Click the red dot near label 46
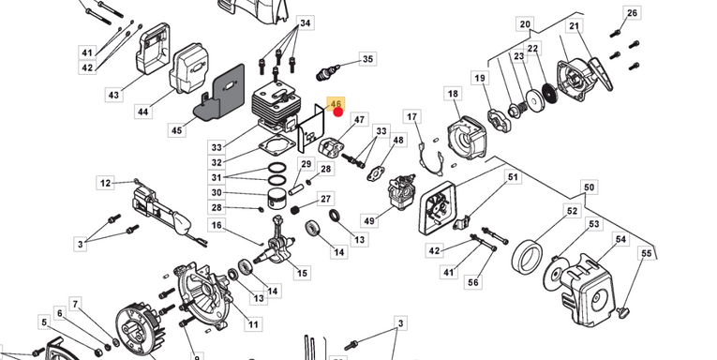[x=338, y=112]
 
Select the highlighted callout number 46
[x=336, y=105]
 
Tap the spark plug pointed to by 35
[x=329, y=72]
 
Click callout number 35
[x=367, y=59]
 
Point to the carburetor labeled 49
[x=400, y=189]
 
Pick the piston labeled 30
[x=279, y=198]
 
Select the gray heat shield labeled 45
[x=220, y=93]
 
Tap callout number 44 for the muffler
[x=143, y=112]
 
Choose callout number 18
[x=453, y=94]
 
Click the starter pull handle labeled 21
[x=601, y=74]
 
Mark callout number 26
[x=632, y=13]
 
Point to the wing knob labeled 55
[x=622, y=312]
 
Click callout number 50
[x=589, y=187]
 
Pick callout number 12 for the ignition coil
[x=106, y=183]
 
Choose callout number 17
[x=412, y=117]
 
